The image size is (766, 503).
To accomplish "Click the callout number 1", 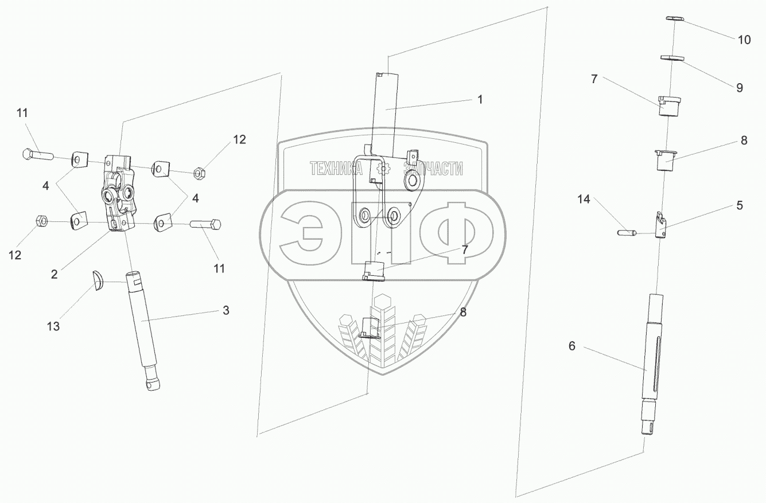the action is coord(480,99).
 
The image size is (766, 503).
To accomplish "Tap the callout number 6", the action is coord(571,346).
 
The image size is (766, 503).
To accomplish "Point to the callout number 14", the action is coord(584,200).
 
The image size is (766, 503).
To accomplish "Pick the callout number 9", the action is coord(739,88).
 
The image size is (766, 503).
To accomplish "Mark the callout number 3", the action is coord(225,310).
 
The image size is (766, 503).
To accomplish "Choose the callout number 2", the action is coord(54,274).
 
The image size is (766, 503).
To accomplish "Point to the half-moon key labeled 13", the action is coord(98,282).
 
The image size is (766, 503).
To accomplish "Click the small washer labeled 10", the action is coord(676,19).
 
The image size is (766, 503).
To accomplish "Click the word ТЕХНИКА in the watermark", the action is coord(336,169).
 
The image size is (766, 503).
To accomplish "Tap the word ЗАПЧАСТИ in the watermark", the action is coord(433,169).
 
